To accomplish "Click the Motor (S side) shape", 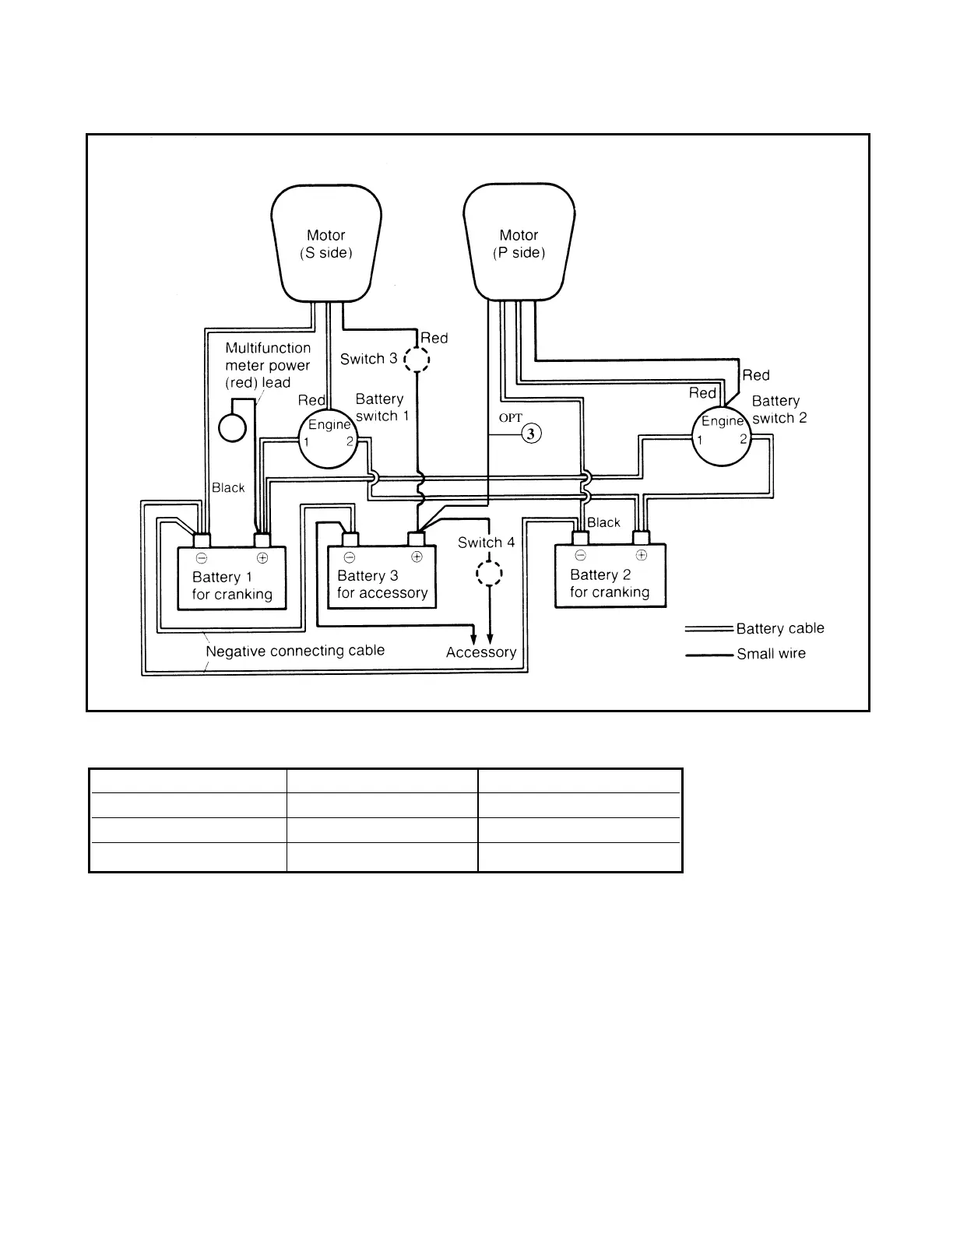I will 326,243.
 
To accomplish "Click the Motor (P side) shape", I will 519,243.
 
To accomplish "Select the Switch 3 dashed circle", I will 417,360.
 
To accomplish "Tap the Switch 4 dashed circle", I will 489,574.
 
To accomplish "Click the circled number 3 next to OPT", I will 531,434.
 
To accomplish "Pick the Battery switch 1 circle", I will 329,439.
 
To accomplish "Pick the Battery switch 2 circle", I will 723,437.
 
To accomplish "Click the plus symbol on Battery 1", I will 262,557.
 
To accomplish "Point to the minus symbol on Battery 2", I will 580,555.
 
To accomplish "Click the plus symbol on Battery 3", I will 417,556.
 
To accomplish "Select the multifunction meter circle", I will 233,427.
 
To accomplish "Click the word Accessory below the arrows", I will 481,652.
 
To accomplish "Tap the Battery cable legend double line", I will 709,629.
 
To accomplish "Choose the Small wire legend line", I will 709,655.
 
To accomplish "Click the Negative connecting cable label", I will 295,651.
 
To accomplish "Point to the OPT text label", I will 511,418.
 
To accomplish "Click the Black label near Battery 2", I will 603,522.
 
